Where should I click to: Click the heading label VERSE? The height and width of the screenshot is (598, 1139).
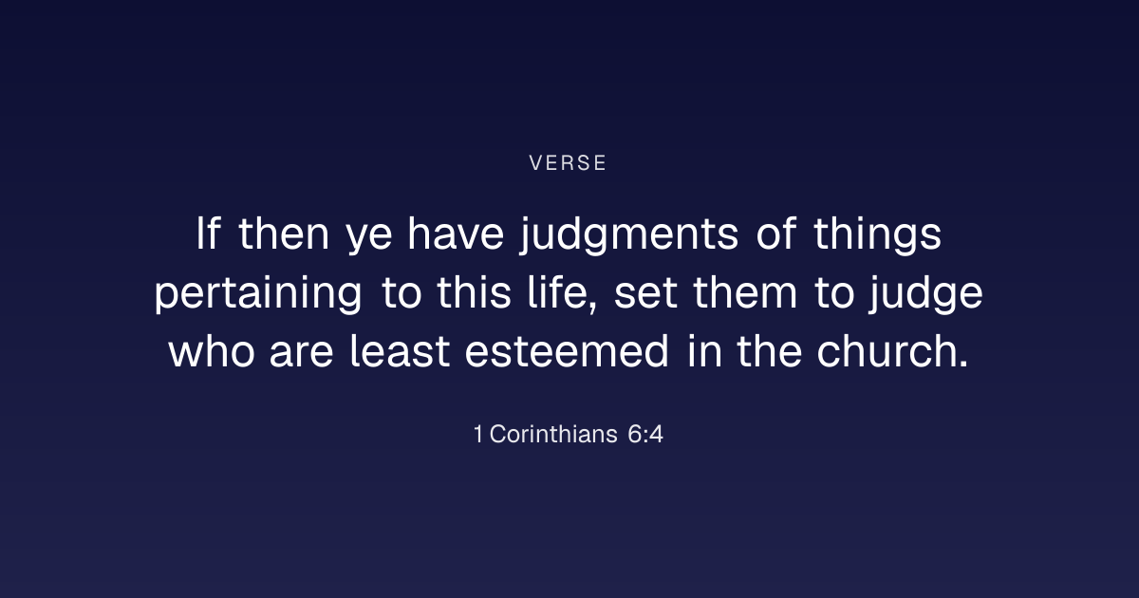pos(568,163)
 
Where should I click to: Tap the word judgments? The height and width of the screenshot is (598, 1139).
pos(629,234)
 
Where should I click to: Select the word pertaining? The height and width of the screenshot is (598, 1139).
pos(258,293)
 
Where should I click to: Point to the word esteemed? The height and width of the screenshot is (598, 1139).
pos(567,351)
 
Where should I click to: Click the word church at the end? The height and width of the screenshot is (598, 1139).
pos(887,351)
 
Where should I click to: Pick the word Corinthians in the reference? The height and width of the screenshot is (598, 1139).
pos(553,435)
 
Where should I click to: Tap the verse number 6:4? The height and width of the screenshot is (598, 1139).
pos(645,435)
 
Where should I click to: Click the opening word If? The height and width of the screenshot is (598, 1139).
pos(208,234)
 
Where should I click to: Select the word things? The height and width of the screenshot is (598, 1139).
pos(878,234)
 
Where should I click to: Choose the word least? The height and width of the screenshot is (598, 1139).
pos(400,351)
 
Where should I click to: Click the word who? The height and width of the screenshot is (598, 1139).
pos(212,351)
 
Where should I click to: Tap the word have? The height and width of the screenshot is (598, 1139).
pos(456,234)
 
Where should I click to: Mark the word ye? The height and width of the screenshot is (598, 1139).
pos(369,239)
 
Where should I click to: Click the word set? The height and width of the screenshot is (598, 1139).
pos(645,294)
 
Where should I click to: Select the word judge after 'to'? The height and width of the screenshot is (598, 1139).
pos(925,293)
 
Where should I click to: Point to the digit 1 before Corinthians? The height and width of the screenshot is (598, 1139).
pos(478,435)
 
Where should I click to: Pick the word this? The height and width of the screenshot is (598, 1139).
pos(474,292)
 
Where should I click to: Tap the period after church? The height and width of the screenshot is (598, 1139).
pos(962,364)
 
